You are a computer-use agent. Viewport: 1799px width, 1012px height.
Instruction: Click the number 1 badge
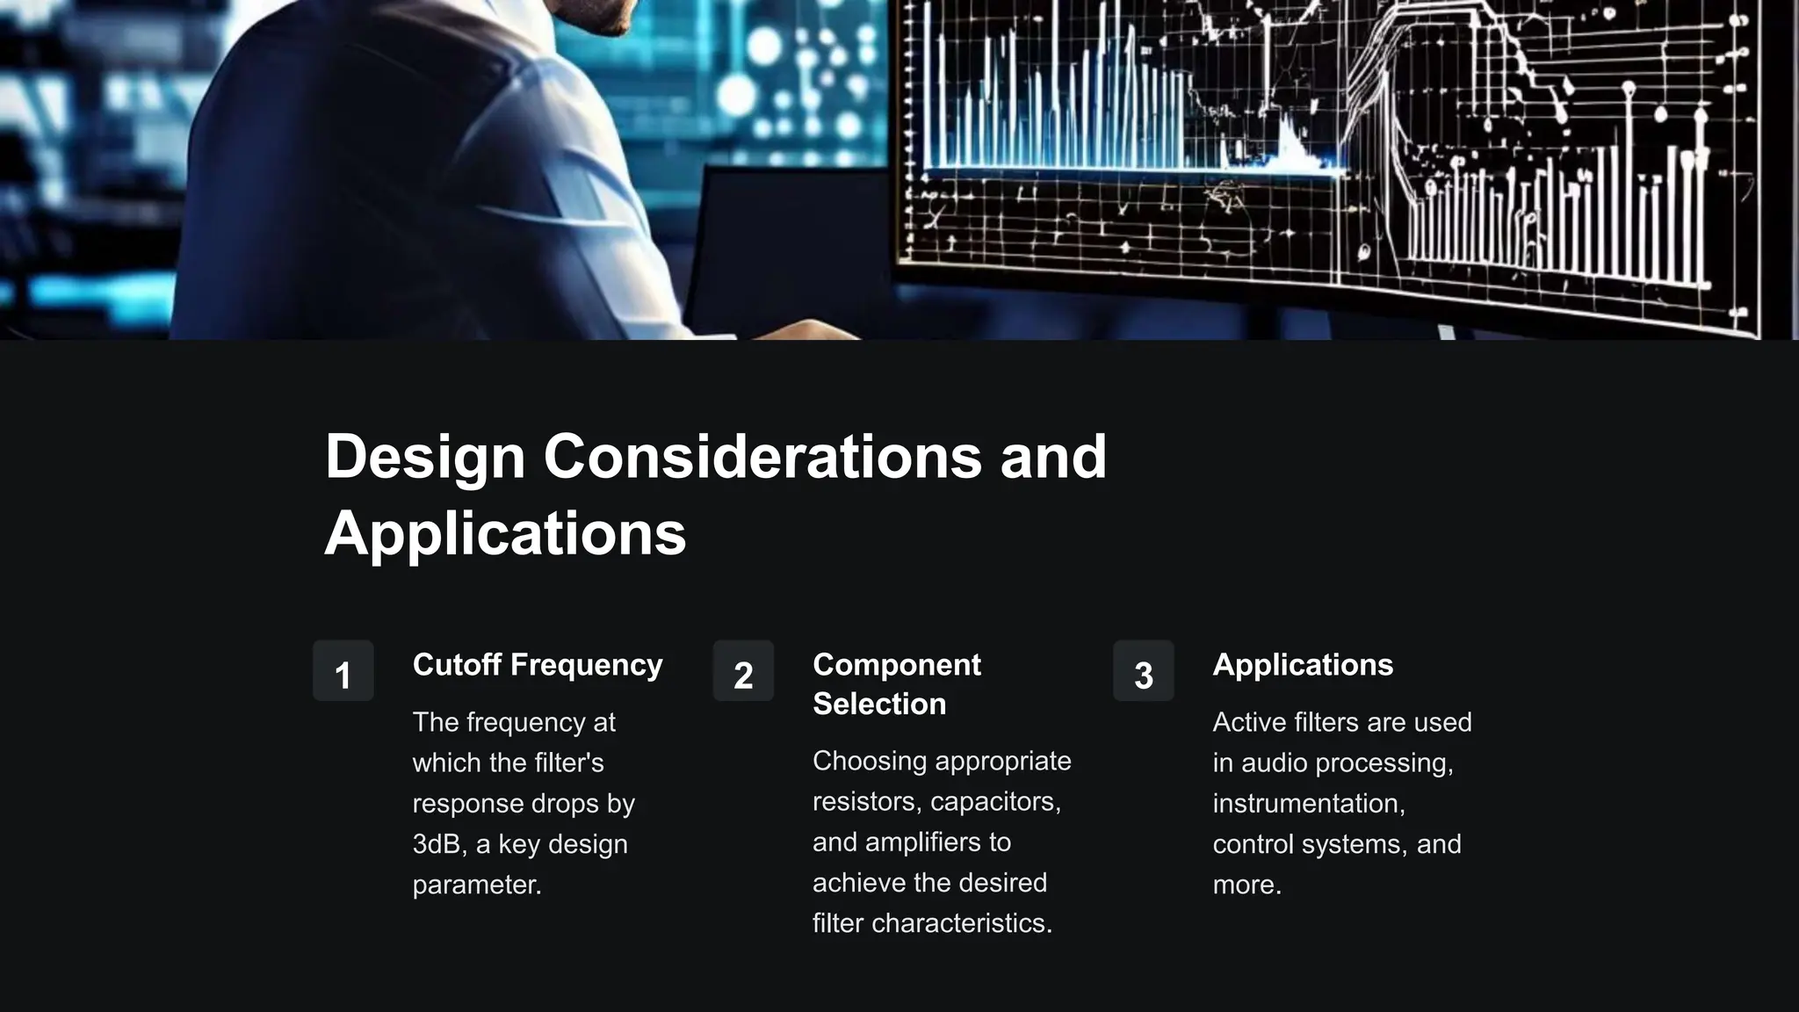343,671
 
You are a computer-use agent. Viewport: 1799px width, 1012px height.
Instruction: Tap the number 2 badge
743,671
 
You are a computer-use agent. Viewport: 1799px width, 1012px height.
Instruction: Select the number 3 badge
1143,671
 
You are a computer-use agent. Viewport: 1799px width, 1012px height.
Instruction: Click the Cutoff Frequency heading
538,665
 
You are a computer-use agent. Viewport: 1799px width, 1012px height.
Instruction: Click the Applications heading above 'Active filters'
1303,665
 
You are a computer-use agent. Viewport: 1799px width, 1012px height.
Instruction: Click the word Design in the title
425,457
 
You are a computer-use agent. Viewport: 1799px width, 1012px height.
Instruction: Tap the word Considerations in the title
762,457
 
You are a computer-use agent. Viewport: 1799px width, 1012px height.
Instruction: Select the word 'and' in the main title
1053,457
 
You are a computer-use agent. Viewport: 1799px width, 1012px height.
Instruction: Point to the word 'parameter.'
477,885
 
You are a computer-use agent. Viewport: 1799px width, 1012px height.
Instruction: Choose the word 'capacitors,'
995,802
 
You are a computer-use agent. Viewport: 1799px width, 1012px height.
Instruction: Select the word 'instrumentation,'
1309,804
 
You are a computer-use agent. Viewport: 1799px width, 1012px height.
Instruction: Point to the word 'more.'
1247,885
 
